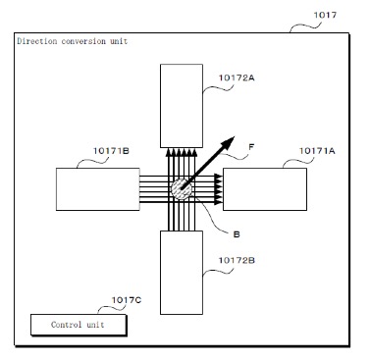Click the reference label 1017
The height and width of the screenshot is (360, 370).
pos(325,15)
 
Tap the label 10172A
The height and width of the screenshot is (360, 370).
pos(237,77)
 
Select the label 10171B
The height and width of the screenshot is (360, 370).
pos(111,151)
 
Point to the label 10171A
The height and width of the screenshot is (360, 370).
pos(317,151)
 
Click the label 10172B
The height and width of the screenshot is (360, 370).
pos(237,260)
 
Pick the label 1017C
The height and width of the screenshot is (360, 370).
pos(127,300)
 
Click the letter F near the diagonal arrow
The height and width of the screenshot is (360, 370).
pos(251,147)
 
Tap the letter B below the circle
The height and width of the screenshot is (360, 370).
pos(237,234)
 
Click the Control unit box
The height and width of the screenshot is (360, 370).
pos(79,325)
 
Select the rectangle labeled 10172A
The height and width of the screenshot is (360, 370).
pos(182,106)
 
